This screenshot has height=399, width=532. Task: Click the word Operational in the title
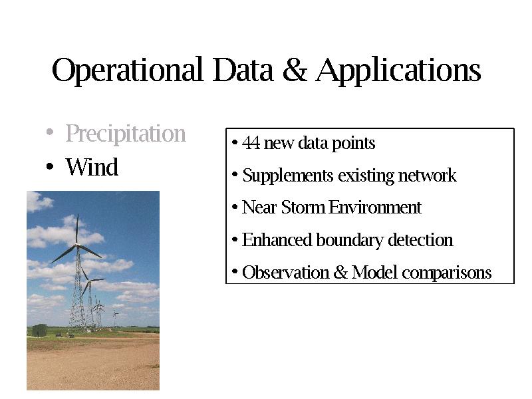[128, 70]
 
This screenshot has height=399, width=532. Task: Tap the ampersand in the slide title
[295, 70]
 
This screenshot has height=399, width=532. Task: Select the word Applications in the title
[398, 70]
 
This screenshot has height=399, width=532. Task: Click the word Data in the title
[243, 70]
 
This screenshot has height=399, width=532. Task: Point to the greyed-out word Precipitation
[126, 134]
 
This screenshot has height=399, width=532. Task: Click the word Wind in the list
[92, 167]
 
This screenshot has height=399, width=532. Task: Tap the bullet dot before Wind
[50, 166]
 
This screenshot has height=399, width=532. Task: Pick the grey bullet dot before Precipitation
[50, 131]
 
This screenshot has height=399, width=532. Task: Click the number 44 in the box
[251, 143]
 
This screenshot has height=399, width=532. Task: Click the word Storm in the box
[303, 207]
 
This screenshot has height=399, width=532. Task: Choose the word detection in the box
[420, 240]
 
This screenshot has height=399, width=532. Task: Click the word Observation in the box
[286, 273]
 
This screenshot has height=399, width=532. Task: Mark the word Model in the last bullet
[374, 273]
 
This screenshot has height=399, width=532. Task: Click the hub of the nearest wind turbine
[78, 245]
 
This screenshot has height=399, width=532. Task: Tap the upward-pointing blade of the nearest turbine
[77, 228]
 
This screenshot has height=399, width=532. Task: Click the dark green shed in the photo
[39, 331]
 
